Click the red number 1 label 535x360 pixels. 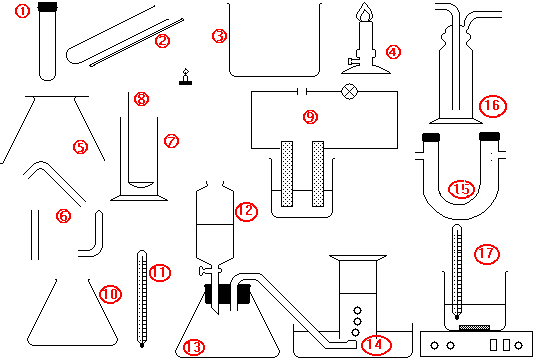[x=23, y=11]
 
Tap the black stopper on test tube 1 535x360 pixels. [x=47, y=6]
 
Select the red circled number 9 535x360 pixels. [x=310, y=117]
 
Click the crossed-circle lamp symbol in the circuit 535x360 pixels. [x=350, y=91]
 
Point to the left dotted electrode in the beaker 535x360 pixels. [x=287, y=174]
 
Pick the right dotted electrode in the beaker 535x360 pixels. [x=318, y=174]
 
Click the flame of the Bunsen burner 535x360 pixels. [x=364, y=12]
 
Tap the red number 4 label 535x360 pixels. [x=393, y=52]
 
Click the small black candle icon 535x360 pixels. [x=185, y=77]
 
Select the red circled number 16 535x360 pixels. [x=493, y=106]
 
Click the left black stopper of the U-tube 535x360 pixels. [x=431, y=137]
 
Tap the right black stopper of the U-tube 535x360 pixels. [x=489, y=136]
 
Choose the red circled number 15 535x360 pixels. [x=461, y=189]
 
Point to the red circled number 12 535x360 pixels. [x=246, y=212]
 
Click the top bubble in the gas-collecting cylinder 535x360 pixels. [x=357, y=311]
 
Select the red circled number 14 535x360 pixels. [x=376, y=345]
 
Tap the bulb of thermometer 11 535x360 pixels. [x=142, y=344]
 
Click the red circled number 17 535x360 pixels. [x=487, y=254]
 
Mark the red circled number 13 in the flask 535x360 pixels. [x=194, y=347]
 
